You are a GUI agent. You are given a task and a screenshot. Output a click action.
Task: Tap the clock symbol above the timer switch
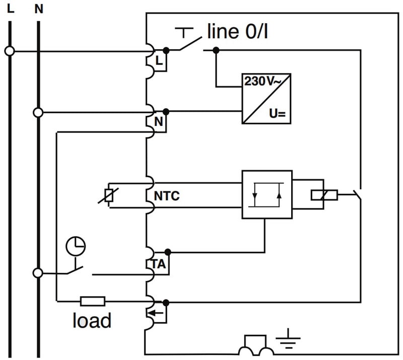point(76,246)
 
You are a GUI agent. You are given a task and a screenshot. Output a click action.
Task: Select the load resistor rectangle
point(93,302)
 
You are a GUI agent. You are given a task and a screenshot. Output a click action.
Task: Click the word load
point(92,320)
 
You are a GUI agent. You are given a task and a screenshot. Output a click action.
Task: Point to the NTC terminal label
point(167,196)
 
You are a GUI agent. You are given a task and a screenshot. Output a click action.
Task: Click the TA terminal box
point(159,264)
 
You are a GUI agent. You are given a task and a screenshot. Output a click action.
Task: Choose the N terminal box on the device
point(159,122)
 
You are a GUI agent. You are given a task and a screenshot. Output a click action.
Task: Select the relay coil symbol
point(324,194)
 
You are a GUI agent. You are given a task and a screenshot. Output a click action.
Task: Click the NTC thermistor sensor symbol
point(108,195)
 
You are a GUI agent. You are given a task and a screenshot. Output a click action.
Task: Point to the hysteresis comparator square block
point(266,194)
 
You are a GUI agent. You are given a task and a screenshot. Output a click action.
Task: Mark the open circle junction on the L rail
point(9,50)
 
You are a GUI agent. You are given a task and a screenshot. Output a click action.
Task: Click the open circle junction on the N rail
point(38,112)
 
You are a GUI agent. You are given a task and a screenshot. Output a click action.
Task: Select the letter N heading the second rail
point(39,8)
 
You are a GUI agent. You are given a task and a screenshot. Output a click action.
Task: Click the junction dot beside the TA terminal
point(167,251)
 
